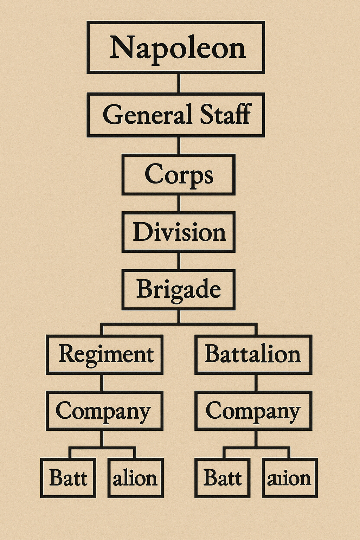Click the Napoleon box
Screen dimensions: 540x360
coord(176,47)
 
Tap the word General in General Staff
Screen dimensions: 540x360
coord(148,115)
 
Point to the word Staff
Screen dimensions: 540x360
coord(225,115)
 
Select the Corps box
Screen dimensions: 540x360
coord(178,174)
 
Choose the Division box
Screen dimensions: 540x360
coord(178,232)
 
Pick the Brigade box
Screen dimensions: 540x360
coord(178,289)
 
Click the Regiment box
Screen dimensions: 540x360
coord(105,354)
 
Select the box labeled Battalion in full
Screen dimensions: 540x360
coord(253,354)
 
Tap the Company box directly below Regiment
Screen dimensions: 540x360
coord(105,411)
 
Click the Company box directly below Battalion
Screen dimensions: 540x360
coord(253,411)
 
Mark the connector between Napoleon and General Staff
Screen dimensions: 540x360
coord(179,83)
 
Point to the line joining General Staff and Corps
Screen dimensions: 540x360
coord(179,145)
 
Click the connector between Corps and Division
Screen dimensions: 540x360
coord(179,203)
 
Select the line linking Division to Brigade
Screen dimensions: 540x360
coord(179,261)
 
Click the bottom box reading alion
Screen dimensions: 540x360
coord(135,478)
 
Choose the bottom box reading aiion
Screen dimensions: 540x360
coord(290,478)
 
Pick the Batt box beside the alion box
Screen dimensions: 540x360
coord(68,478)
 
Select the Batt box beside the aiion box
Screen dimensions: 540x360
coord(223,478)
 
